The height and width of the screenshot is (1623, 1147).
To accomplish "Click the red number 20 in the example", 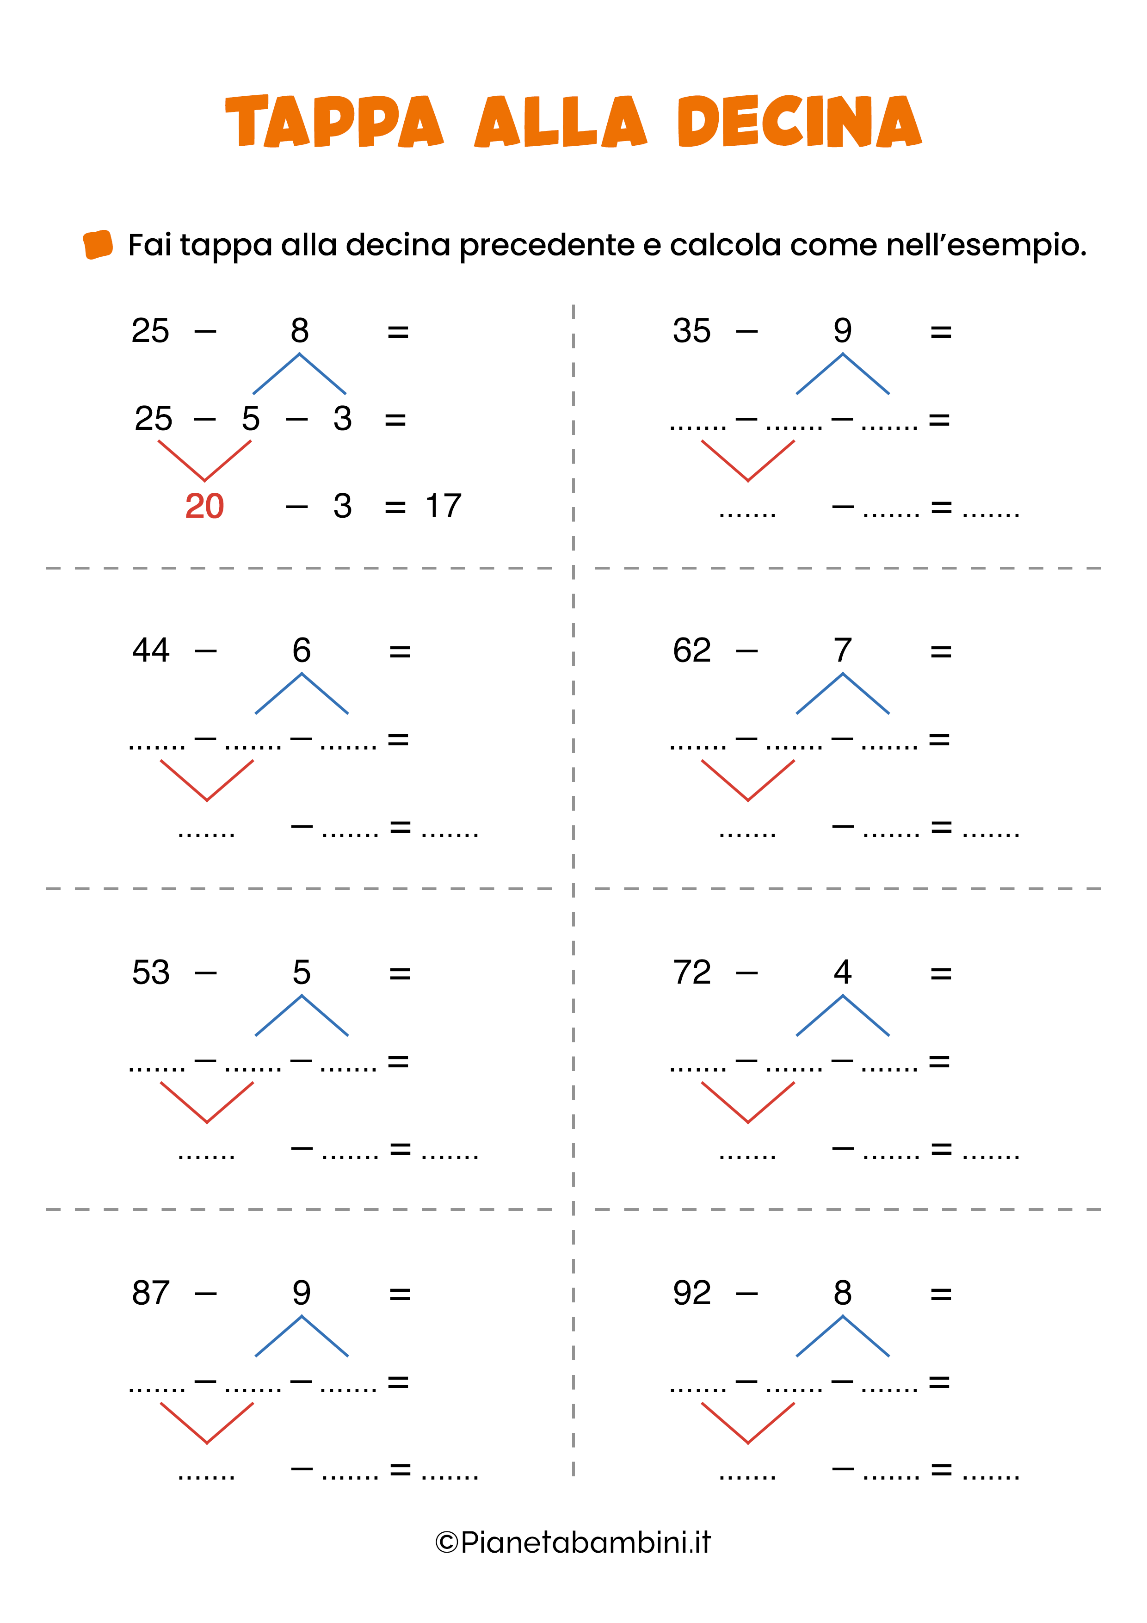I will [x=204, y=506].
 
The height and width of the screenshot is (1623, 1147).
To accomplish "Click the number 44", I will [x=150, y=650].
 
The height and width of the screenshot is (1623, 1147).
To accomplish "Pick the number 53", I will [x=150, y=973].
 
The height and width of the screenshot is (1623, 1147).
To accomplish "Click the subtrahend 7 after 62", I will [x=842, y=650].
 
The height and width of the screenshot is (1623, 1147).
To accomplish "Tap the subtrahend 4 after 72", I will [x=842, y=973].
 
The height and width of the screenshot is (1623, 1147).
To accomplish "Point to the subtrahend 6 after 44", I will [x=302, y=650].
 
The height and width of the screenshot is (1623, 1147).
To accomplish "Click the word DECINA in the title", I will [x=799, y=122].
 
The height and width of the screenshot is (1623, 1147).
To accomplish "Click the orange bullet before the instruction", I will [x=98, y=245].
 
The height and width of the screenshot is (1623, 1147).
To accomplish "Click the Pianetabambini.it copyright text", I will [x=573, y=1542].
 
